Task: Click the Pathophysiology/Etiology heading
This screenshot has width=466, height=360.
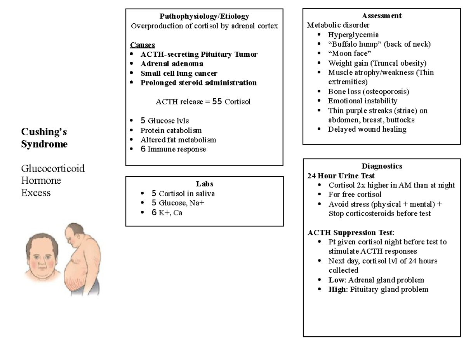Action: (x=204, y=16)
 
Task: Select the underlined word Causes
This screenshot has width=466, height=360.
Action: (x=143, y=45)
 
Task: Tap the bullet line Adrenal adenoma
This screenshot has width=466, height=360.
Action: (x=172, y=63)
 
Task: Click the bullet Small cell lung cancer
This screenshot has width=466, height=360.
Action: (x=179, y=73)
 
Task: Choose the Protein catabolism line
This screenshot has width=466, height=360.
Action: (x=171, y=130)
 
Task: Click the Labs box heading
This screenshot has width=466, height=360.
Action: (x=204, y=184)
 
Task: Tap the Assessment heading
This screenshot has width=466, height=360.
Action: (x=381, y=16)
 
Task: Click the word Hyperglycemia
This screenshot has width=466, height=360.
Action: (x=353, y=35)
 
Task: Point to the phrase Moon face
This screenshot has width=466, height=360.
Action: (x=349, y=54)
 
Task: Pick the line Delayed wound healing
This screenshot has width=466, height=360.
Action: (x=367, y=129)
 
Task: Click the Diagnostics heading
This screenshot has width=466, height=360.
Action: (x=382, y=166)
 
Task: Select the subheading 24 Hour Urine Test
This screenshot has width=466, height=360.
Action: (x=341, y=176)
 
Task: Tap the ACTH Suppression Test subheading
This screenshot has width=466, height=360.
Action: (x=350, y=233)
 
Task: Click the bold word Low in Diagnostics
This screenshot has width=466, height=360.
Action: (x=336, y=280)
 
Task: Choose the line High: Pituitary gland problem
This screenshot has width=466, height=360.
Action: (x=378, y=289)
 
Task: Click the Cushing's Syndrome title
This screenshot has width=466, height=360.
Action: (x=44, y=138)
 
